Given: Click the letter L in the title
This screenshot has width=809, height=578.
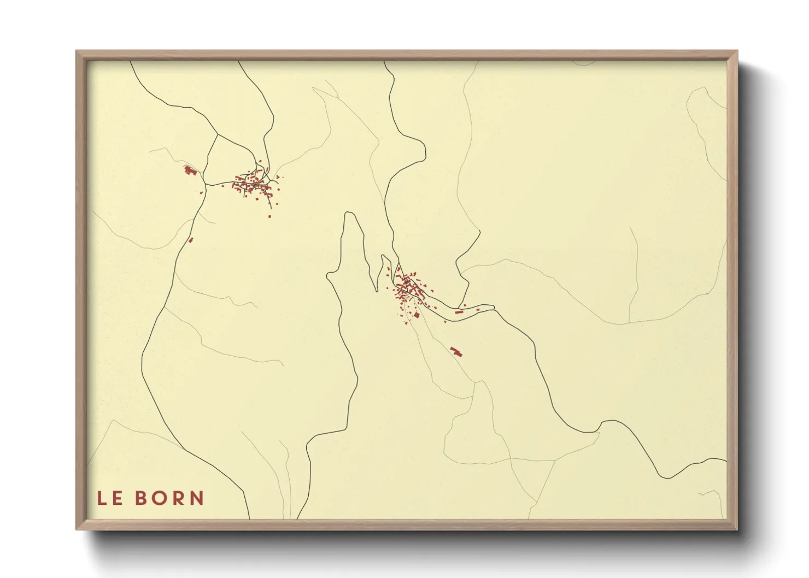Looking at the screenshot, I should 102,498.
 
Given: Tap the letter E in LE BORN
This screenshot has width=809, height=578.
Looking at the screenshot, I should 118,498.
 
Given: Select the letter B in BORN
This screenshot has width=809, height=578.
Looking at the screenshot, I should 141,498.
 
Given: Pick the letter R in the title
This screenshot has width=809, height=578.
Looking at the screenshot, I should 178,498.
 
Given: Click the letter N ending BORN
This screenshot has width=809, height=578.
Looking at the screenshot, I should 197,498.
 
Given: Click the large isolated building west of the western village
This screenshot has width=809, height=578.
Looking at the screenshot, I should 190,170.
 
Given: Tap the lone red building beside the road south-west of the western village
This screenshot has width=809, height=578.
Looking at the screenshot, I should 191,239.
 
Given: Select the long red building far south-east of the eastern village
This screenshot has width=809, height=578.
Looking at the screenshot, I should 456,351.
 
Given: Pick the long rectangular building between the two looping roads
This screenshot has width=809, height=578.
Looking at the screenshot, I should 459,312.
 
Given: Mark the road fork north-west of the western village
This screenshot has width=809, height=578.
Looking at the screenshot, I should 218,134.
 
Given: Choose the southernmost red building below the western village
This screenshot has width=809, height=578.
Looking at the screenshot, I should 269,217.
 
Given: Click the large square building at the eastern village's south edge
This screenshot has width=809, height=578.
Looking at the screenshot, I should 417,315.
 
